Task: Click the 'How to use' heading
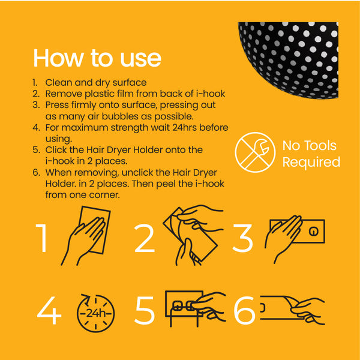97,58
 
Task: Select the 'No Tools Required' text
310,154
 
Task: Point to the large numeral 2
145,239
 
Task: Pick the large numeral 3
242,239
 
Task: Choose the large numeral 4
49,312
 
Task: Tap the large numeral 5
145,312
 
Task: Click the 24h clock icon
95,312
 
